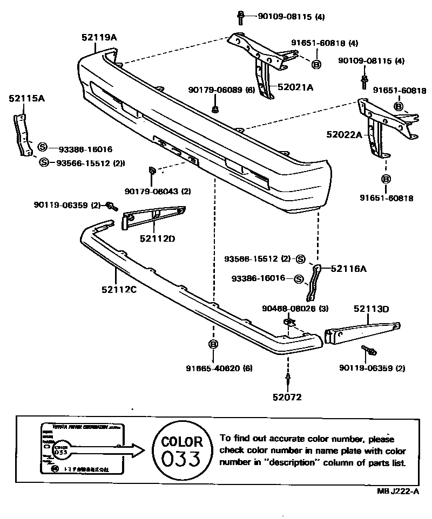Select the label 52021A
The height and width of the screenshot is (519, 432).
pyautogui.click(x=295, y=86)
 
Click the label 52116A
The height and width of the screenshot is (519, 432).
pyautogui.click(x=348, y=268)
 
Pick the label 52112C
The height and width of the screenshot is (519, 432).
pyautogui.click(x=118, y=289)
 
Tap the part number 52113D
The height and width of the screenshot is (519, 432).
pyautogui.click(x=372, y=309)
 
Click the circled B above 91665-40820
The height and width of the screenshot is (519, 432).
pyautogui.click(x=213, y=344)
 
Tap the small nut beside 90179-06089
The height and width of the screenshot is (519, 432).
pyautogui.click(x=215, y=110)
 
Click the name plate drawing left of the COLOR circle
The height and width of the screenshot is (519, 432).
pyautogui.click(x=83, y=448)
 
